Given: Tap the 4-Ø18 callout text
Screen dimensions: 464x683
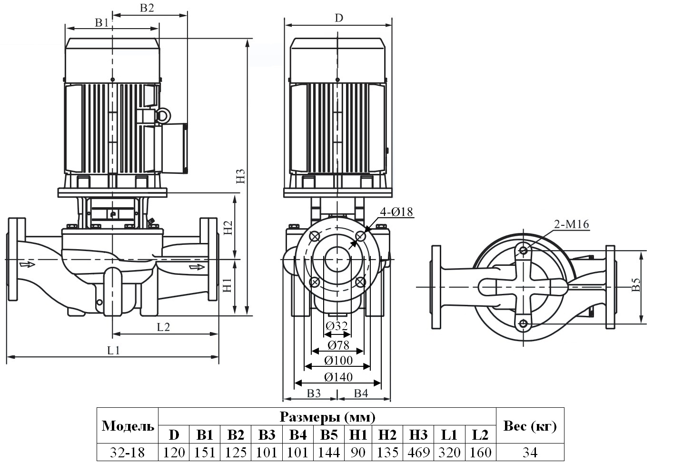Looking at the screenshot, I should pos(396,212).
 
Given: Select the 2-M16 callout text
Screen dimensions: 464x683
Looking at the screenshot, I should pos(571,224).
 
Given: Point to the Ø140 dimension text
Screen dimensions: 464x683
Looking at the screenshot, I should pos(338,377).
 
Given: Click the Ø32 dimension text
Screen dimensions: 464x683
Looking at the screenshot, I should pos(337,326).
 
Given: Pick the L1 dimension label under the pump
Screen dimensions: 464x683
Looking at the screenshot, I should pos(113,351).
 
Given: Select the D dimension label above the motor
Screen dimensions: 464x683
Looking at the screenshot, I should pos(338,18).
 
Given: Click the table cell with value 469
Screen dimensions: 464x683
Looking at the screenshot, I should pos(418,452).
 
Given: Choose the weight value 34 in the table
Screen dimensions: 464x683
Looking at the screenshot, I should pos(529,452).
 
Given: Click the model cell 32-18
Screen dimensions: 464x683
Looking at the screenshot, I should pos(127,452).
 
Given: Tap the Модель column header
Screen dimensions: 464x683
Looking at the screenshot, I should pos(128,426).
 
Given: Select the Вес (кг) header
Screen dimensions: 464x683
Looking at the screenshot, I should pos(529,426).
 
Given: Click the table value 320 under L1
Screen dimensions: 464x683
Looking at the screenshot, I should pos(449,452).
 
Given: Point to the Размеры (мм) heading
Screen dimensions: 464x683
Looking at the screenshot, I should pos(327,417).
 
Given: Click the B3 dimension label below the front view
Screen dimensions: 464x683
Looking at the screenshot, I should pos(314,393).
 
